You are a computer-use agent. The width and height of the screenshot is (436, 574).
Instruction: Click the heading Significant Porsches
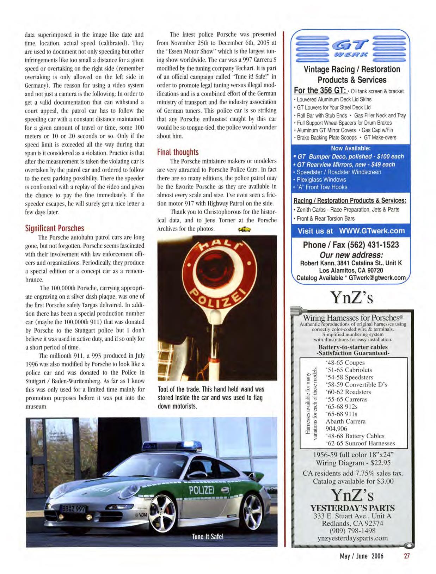[x=55, y=228]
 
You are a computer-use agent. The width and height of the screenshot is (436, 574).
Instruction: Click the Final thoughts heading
[x=178, y=152]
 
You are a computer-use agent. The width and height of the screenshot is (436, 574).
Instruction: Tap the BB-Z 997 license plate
[x=73, y=509]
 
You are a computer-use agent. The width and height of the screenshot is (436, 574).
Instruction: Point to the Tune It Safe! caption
[x=208, y=537]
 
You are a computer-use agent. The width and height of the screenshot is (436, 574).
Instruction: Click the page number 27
[x=407, y=556]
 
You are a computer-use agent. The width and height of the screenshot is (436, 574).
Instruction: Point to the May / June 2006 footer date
[x=361, y=556]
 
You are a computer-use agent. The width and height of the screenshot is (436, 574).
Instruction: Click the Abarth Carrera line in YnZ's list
[x=345, y=421]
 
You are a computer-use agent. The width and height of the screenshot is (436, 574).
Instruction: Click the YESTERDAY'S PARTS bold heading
[x=352, y=508]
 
